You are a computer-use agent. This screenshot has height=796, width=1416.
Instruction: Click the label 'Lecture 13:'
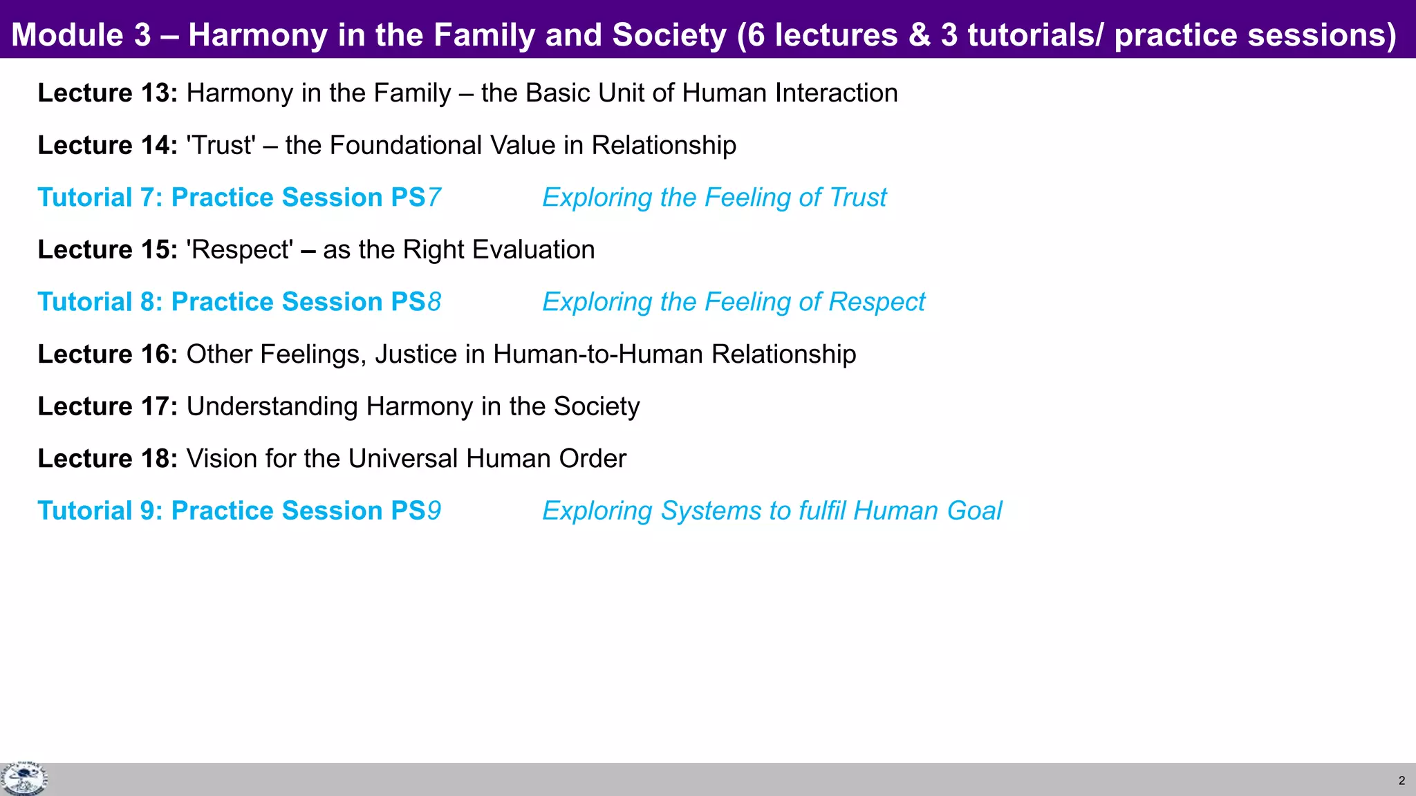pyautogui.click(x=108, y=93)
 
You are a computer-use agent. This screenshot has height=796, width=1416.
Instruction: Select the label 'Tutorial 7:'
pyautogui.click(x=100, y=198)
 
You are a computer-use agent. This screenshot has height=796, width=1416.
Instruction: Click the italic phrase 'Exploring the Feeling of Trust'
pyautogui.click(x=714, y=198)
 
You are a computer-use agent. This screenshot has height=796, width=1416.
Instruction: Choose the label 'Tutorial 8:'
pyautogui.click(x=100, y=302)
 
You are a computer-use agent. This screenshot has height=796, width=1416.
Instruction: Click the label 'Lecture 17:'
pyautogui.click(x=108, y=406)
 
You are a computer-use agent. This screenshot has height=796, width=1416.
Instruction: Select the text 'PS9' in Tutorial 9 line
pyautogui.click(x=416, y=511)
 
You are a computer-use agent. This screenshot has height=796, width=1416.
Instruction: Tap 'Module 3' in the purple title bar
pyautogui.click(x=81, y=35)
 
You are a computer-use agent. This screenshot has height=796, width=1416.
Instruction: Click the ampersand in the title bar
pyautogui.click(x=919, y=35)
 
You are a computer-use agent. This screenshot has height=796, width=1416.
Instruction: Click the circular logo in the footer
pyautogui.click(x=24, y=779)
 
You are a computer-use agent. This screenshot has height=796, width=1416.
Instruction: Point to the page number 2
pyautogui.click(x=1401, y=781)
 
